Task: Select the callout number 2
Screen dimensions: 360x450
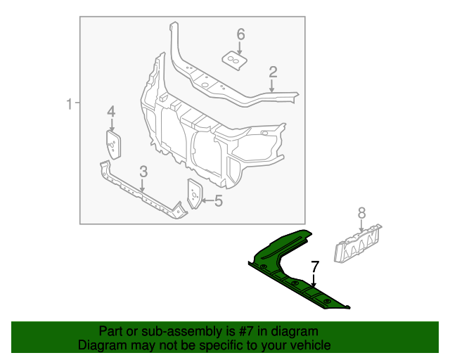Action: (273, 71)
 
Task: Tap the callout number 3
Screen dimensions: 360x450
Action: (143, 172)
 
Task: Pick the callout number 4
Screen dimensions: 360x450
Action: (111, 112)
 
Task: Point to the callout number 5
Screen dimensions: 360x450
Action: (218, 201)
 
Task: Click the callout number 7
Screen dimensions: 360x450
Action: (315, 266)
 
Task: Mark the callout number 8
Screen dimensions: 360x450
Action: (361, 212)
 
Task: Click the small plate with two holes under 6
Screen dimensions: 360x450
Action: (237, 60)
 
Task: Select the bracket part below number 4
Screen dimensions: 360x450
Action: (112, 144)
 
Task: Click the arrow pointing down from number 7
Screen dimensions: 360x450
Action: (315, 281)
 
